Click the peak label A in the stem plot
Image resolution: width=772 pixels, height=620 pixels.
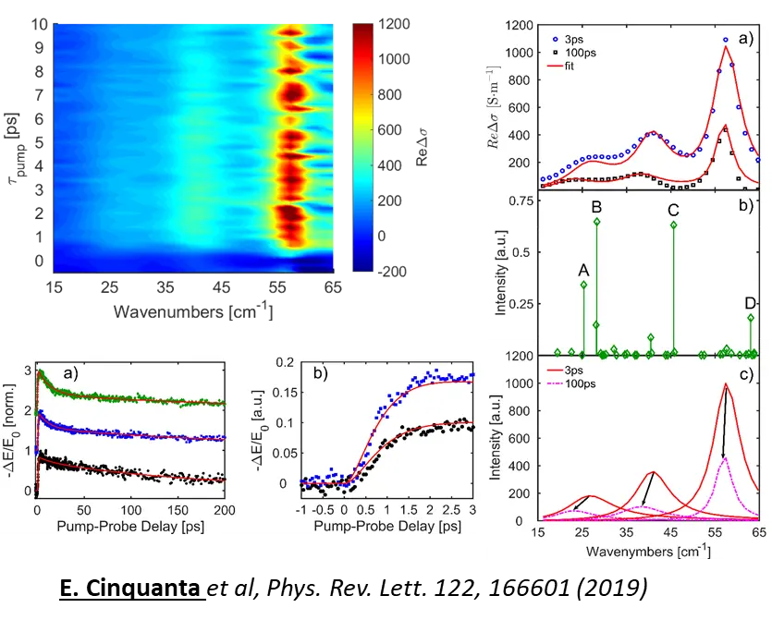pyautogui.click(x=583, y=269)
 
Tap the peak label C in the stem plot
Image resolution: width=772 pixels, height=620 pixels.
pyautogui.click(x=673, y=210)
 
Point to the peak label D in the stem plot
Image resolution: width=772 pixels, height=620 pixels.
pyautogui.click(x=750, y=303)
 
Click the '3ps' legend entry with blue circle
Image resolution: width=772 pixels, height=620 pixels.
pyautogui.click(x=554, y=40)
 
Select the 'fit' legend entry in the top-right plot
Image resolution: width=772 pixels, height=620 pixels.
pyautogui.click(x=552, y=66)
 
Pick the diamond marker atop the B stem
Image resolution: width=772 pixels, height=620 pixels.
pyautogui.click(x=597, y=222)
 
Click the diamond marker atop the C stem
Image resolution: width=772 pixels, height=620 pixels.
pyautogui.click(x=673, y=225)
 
